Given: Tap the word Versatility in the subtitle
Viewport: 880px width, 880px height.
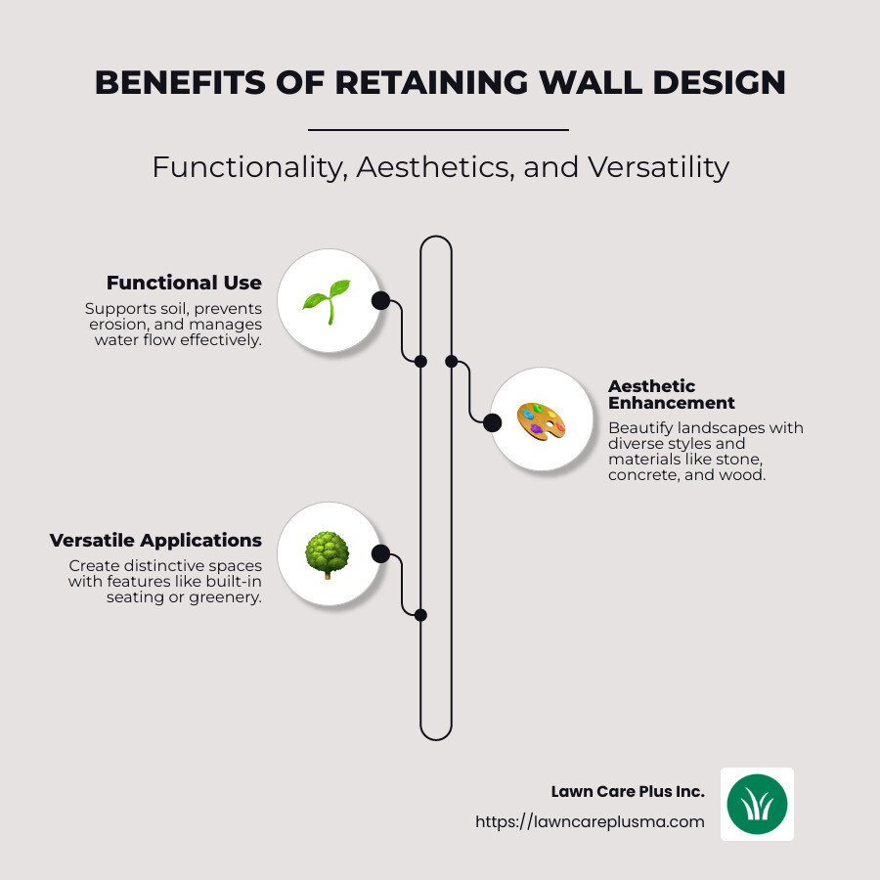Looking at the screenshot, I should (x=657, y=167).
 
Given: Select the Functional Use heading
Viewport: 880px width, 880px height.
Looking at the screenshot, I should (x=184, y=284).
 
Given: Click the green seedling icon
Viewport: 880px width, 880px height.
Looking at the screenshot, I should (x=327, y=300).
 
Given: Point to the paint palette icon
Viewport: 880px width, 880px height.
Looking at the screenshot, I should (x=541, y=421).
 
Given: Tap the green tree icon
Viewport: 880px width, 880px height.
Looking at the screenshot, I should (x=327, y=554).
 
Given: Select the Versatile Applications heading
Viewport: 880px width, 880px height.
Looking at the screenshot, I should (x=155, y=541).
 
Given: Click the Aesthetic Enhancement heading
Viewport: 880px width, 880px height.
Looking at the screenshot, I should (x=671, y=394).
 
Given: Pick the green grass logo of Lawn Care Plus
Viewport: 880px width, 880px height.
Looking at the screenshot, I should (x=757, y=804).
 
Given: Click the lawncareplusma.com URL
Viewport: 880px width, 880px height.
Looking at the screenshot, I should (x=590, y=821).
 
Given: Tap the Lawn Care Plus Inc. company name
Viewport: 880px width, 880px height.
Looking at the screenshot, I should (x=628, y=792).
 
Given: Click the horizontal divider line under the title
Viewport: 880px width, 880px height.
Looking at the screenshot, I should (x=438, y=129).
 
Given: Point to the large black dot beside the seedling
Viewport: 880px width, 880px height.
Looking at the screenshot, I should (x=380, y=300).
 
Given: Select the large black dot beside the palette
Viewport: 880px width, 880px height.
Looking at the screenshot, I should (x=492, y=422).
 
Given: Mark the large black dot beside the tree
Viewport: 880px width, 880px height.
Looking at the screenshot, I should (x=380, y=554).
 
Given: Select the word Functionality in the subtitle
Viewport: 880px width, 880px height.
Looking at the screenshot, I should (x=250, y=167).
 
